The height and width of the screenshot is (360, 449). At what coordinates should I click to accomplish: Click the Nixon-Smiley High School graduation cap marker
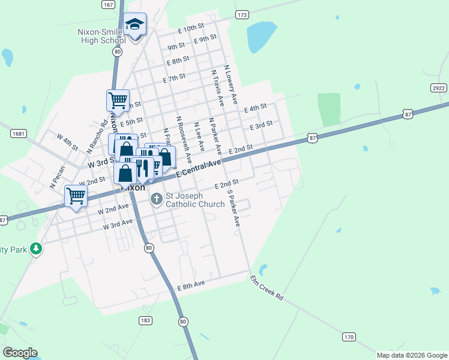coord(134,25)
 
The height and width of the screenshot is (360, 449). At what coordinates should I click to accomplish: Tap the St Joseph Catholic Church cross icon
coord(157,198)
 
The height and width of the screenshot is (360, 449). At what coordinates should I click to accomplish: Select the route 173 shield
coord(242,14)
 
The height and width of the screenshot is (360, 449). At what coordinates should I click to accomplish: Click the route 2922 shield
coord(439,88)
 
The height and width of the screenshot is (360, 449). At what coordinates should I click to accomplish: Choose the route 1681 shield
coord(19,133)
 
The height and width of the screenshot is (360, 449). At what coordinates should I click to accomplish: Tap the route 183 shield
coord(145,321)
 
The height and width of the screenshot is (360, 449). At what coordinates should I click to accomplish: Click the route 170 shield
coord(349,337)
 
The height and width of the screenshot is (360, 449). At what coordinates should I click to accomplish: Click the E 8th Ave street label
coord(191,286)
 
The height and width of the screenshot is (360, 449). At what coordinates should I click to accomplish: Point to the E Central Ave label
coord(199,167)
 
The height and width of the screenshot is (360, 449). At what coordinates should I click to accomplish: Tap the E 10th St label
coord(192,28)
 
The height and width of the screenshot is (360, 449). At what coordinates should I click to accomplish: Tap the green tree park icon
coord(36,248)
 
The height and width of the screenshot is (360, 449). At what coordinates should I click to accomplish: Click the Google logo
coord(20,353)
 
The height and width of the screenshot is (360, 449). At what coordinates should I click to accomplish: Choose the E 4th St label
coord(255,108)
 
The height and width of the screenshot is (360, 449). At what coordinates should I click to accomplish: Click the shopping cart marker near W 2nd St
coord(76,195)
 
